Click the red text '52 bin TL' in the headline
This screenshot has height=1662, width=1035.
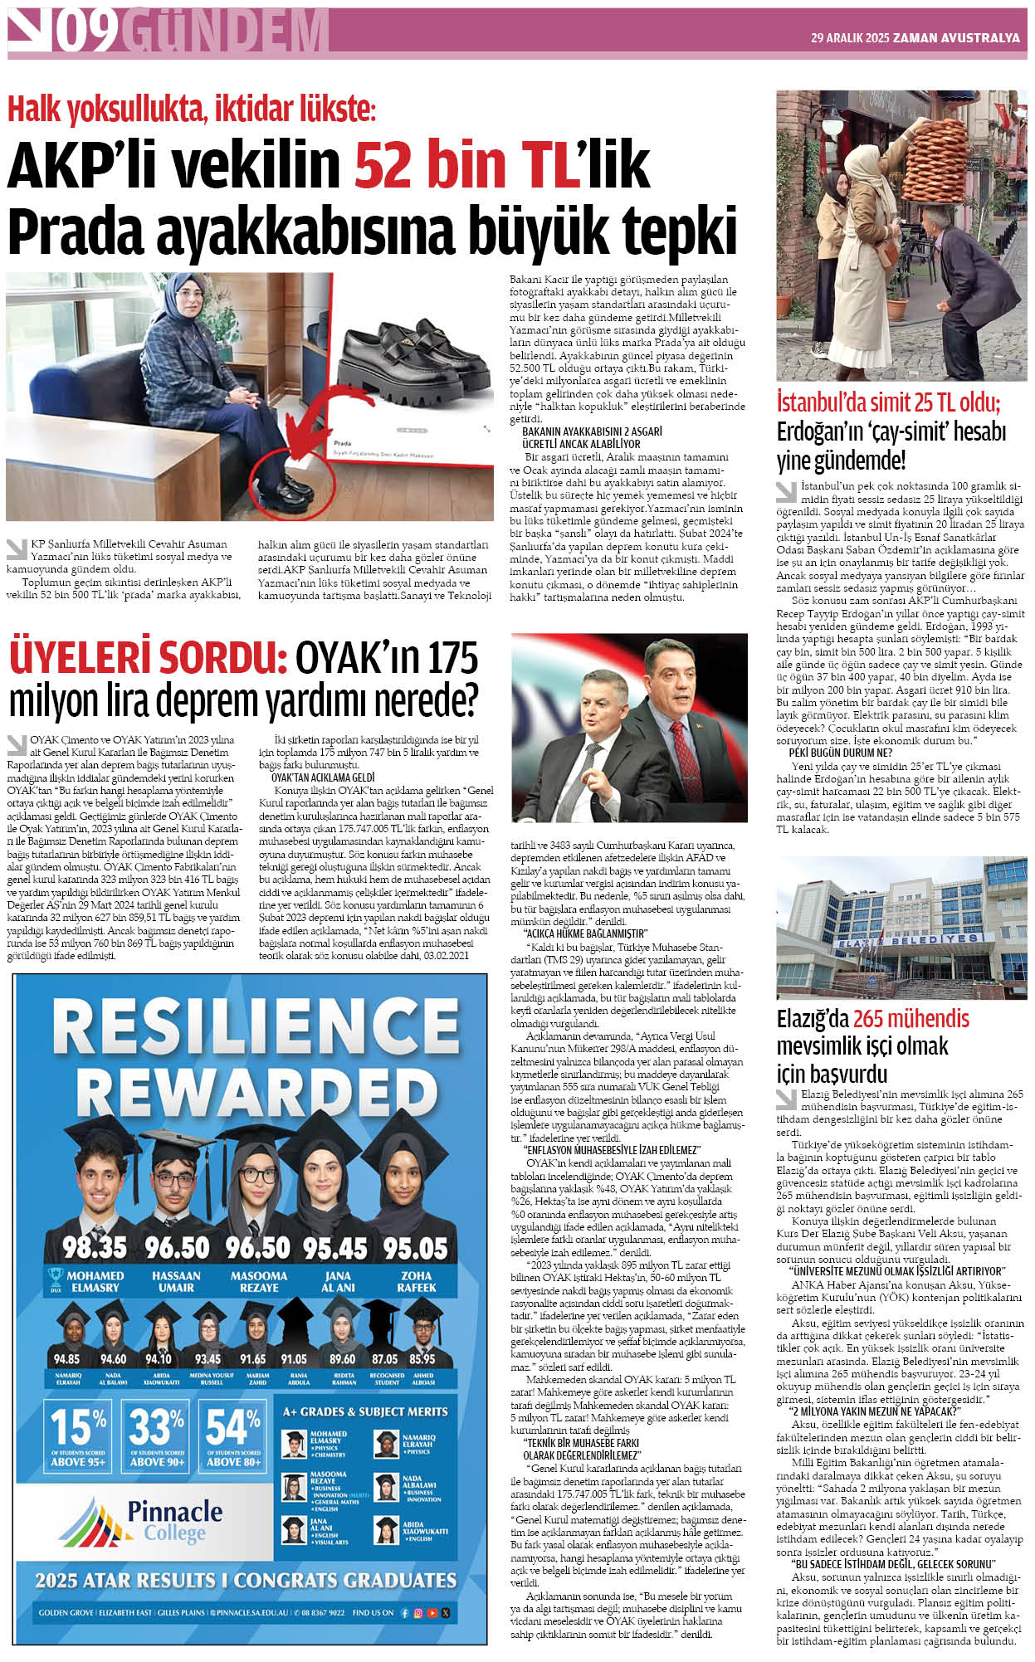[466, 164]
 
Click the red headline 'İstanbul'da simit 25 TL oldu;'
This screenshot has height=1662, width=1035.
[888, 403]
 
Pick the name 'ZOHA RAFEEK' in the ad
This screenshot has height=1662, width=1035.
[416, 1281]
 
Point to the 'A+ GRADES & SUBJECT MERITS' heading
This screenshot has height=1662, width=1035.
[365, 1411]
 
